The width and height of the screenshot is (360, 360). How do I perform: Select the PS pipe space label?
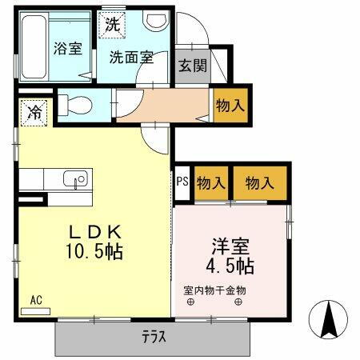pos(182,182)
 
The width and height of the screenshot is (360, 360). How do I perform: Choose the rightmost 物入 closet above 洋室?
pos(260,182)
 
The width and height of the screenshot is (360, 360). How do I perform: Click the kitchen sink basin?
pos(78,180)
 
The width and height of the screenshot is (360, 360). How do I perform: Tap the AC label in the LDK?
pos(37,299)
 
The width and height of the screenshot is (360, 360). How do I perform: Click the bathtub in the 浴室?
pos(34,48)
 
